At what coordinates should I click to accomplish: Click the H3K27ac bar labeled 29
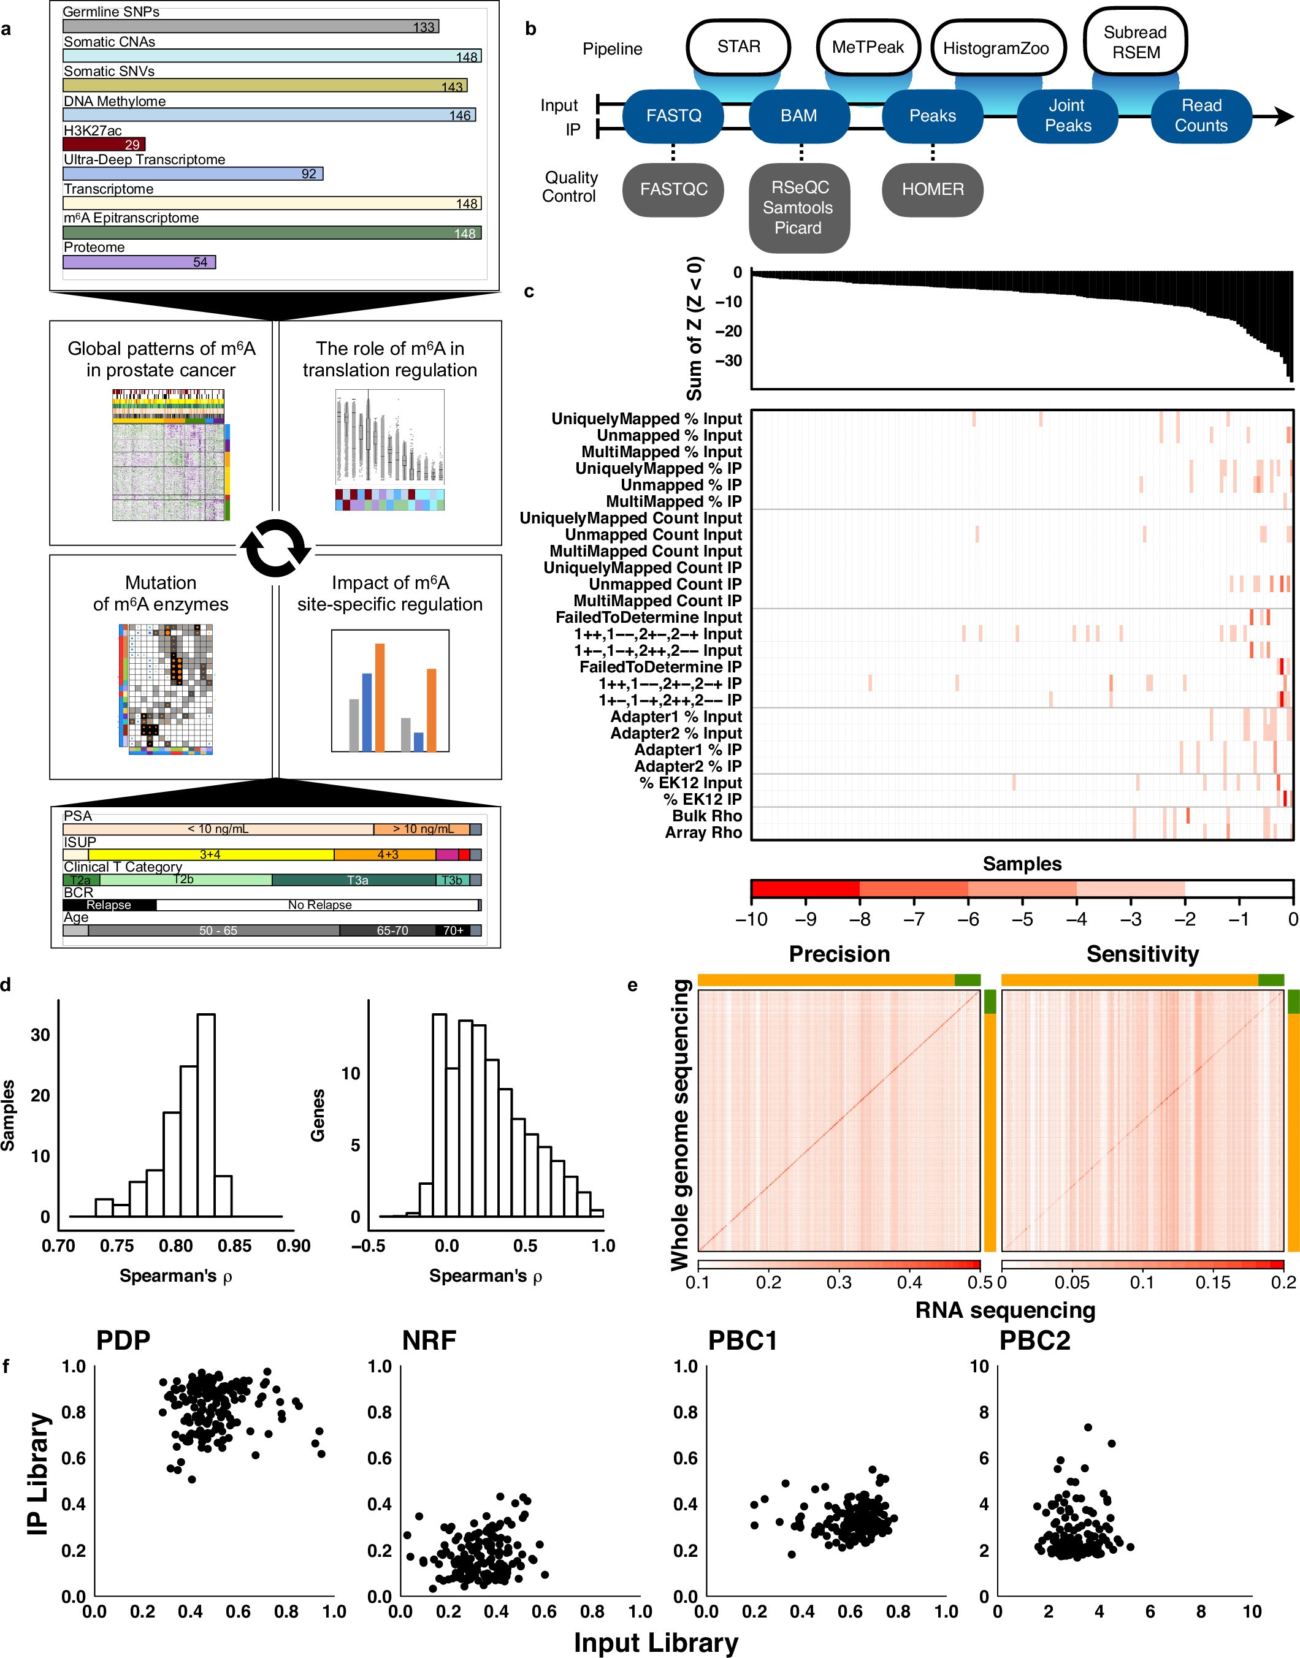click(104, 144)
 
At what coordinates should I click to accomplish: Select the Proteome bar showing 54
click(139, 262)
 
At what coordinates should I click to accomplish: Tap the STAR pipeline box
click(738, 47)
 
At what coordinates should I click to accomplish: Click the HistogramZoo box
click(996, 48)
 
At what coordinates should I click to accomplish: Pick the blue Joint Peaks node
click(1067, 116)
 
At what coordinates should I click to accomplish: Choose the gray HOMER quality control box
click(931, 189)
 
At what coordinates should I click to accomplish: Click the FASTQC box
click(673, 189)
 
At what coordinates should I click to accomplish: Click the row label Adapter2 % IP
click(687, 766)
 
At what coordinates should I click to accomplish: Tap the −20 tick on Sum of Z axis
click(728, 331)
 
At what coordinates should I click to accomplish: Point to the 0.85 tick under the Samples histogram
click(234, 1245)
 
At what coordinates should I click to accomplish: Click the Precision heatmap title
click(839, 954)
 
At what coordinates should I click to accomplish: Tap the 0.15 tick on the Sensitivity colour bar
click(1212, 1283)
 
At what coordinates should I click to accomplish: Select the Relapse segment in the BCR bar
click(109, 905)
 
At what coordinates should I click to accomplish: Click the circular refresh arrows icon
click(275, 549)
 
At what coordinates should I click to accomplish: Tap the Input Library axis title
click(656, 1642)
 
